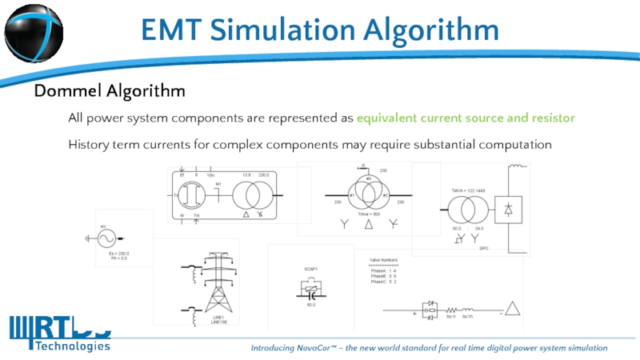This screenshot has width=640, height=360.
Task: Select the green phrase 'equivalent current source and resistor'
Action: [x=466, y=118]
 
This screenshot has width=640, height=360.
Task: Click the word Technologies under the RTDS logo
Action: [x=71, y=346]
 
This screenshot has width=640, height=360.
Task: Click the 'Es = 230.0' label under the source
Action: [x=119, y=253]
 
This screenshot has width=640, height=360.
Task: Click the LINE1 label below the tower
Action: [x=218, y=317]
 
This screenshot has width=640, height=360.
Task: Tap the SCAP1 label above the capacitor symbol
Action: [x=311, y=269]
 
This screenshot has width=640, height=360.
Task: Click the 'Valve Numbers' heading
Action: [x=383, y=260]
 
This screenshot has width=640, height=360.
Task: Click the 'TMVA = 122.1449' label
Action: [x=469, y=190]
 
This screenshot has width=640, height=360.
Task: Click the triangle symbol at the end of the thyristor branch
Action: [x=511, y=308]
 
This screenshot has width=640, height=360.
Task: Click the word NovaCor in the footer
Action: [x=332, y=348]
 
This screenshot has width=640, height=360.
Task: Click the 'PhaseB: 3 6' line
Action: [x=384, y=277]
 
